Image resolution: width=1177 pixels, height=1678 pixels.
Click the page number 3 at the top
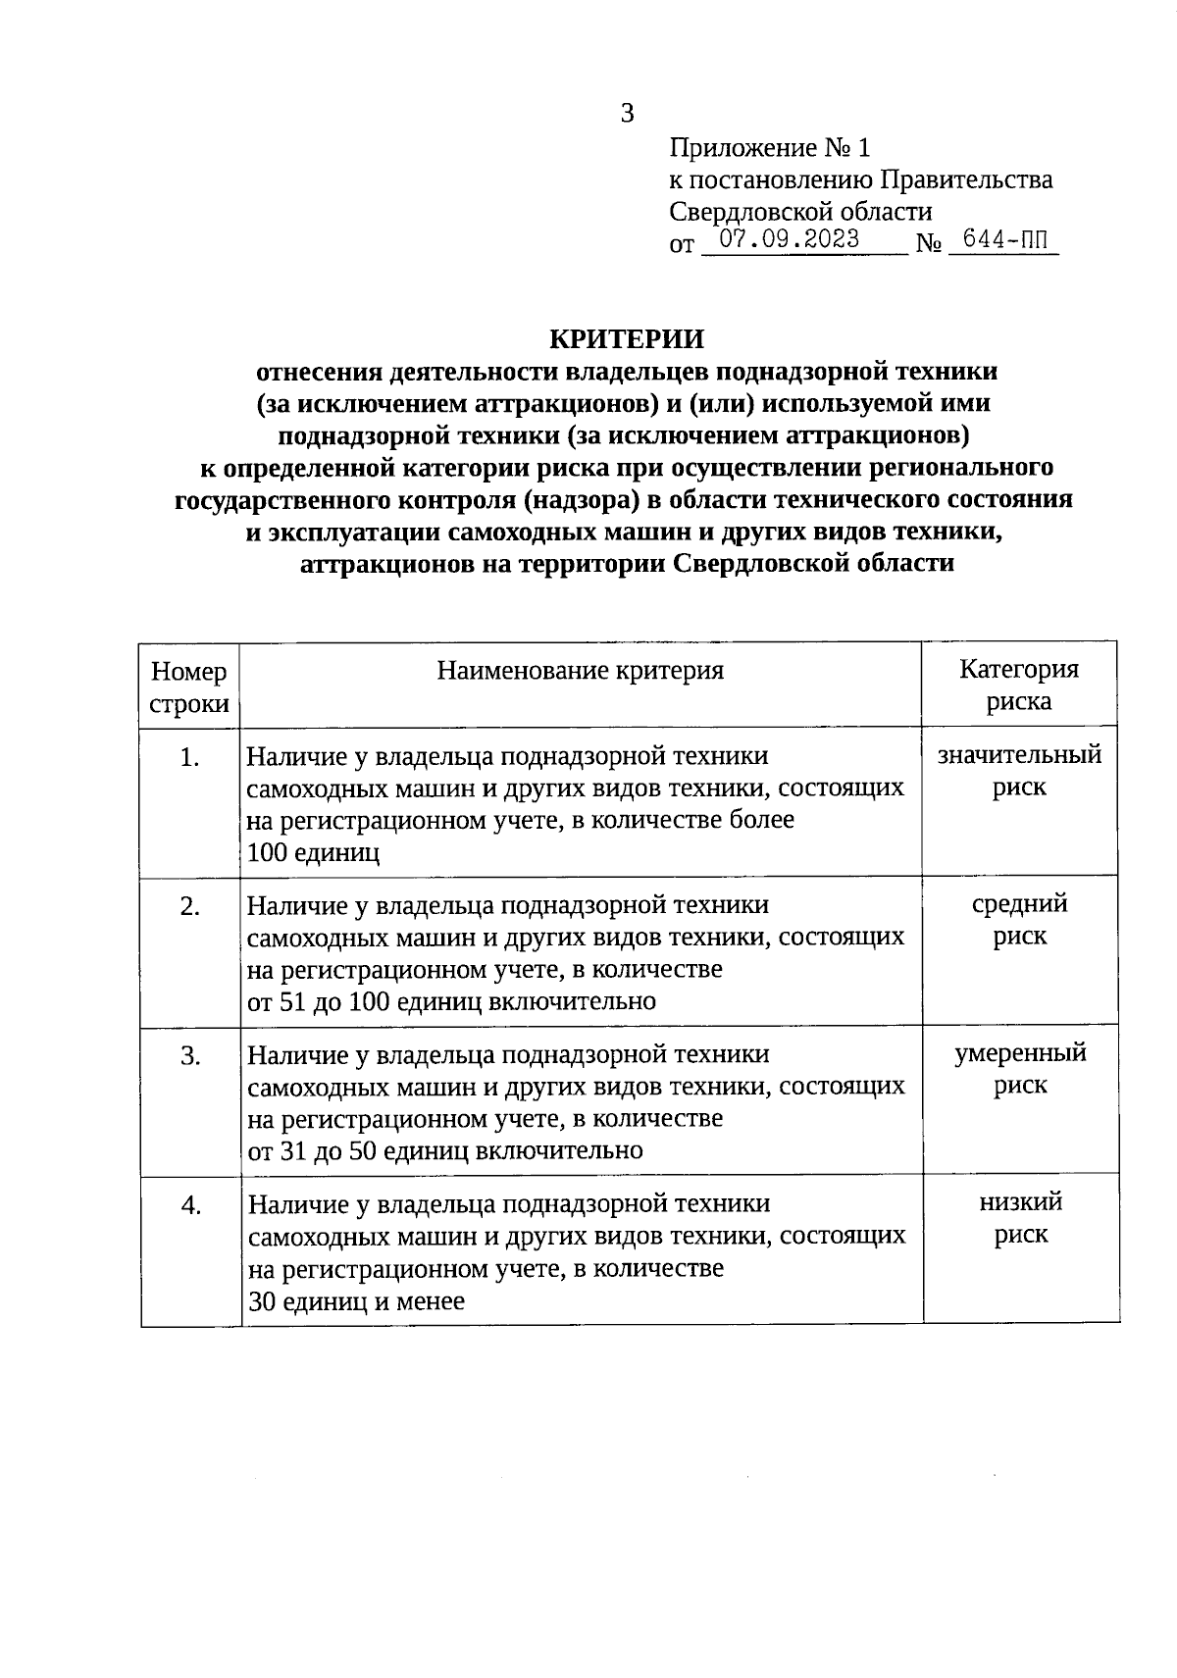coord(628,114)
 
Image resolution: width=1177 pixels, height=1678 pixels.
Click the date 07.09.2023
coord(790,238)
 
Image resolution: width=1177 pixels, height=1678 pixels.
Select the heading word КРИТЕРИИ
coord(626,339)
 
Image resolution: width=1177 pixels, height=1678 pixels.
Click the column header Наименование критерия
coord(581,671)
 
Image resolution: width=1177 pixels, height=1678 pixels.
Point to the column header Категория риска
coord(1019,685)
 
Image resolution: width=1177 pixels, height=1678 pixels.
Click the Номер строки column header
coord(189,686)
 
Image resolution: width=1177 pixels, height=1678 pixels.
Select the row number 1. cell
coord(190,758)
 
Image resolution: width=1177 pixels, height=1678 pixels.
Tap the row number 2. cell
coord(190,907)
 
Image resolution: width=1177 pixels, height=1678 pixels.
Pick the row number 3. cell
coord(190,1056)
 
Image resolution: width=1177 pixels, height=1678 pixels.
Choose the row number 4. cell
coord(190,1205)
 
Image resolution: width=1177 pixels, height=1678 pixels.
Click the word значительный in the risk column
coord(1019,755)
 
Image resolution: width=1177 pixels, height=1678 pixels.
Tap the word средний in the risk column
coord(1019,904)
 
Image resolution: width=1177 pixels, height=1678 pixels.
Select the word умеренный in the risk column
coord(1020,1054)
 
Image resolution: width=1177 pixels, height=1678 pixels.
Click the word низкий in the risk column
coord(1020,1203)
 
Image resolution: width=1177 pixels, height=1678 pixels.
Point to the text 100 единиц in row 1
coord(313,852)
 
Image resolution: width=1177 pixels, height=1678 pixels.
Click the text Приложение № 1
coord(769,148)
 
